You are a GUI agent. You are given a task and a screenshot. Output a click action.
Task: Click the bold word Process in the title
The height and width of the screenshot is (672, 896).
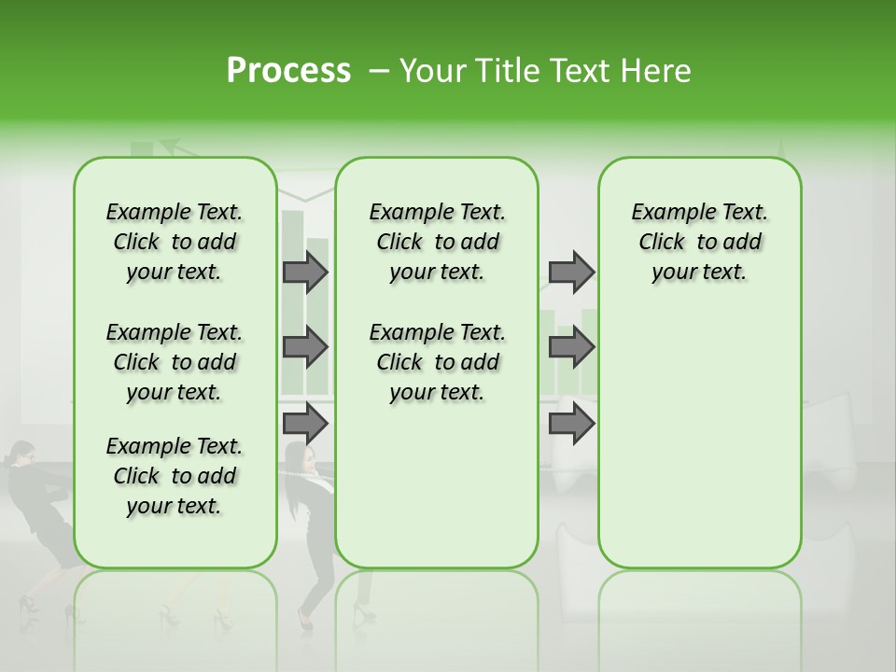pyautogui.click(x=288, y=71)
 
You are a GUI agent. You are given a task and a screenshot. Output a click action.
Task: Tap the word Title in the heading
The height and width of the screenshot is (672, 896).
pyautogui.click(x=504, y=71)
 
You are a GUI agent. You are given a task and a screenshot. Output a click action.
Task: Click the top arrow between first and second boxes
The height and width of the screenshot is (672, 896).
pyautogui.click(x=305, y=273)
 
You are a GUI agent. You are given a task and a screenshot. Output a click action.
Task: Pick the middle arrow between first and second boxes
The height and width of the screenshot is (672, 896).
pyautogui.click(x=305, y=347)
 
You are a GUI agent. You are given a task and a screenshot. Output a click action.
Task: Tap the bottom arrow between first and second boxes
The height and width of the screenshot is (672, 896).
pyautogui.click(x=305, y=424)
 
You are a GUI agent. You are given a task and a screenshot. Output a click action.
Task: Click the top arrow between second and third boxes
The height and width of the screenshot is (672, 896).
pyautogui.click(x=571, y=273)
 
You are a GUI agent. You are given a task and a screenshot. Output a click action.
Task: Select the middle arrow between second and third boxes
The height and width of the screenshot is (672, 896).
pyautogui.click(x=571, y=347)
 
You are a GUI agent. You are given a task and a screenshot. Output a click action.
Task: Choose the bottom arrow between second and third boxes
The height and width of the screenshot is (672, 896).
pyautogui.click(x=571, y=424)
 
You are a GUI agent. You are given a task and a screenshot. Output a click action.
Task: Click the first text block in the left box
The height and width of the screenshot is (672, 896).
pyautogui.click(x=175, y=242)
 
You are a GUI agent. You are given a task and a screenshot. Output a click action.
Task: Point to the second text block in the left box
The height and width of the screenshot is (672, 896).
pyautogui.click(x=175, y=362)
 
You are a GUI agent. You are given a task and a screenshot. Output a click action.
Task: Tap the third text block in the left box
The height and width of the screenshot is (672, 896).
pyautogui.click(x=175, y=476)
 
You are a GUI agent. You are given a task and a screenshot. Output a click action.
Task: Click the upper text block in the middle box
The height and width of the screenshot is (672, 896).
pyautogui.click(x=437, y=242)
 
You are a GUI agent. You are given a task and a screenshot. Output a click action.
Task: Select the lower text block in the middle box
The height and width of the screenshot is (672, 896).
pyautogui.click(x=437, y=362)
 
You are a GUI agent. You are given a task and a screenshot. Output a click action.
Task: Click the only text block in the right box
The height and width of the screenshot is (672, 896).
pyautogui.click(x=699, y=242)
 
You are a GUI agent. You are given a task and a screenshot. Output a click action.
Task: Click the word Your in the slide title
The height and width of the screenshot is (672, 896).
pyautogui.click(x=430, y=71)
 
